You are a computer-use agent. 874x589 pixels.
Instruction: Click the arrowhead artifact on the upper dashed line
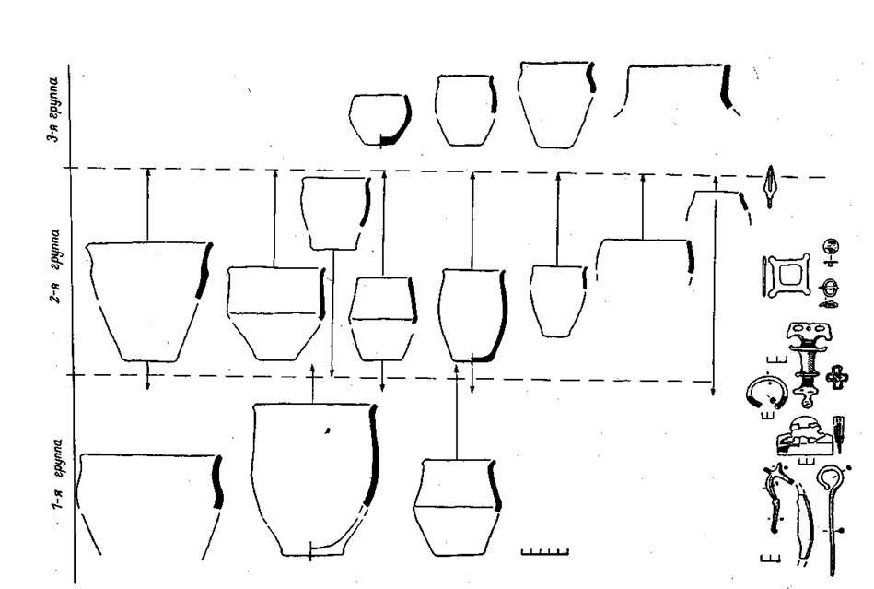[770, 186]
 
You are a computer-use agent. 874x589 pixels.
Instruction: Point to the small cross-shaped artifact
[837, 378]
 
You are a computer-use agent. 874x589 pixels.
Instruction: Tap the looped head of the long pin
[830, 477]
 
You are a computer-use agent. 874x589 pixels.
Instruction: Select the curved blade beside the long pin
[803, 522]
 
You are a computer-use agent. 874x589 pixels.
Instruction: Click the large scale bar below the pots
[544, 552]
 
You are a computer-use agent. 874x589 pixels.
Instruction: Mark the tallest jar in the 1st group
[315, 479]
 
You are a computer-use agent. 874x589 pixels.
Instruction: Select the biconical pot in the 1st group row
[457, 507]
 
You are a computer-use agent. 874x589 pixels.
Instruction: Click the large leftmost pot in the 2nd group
[149, 301]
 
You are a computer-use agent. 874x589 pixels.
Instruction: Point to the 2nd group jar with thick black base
[472, 315]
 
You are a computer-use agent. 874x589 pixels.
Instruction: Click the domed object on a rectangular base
[805, 436]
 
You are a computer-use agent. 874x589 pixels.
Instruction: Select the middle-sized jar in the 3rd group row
[465, 111]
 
